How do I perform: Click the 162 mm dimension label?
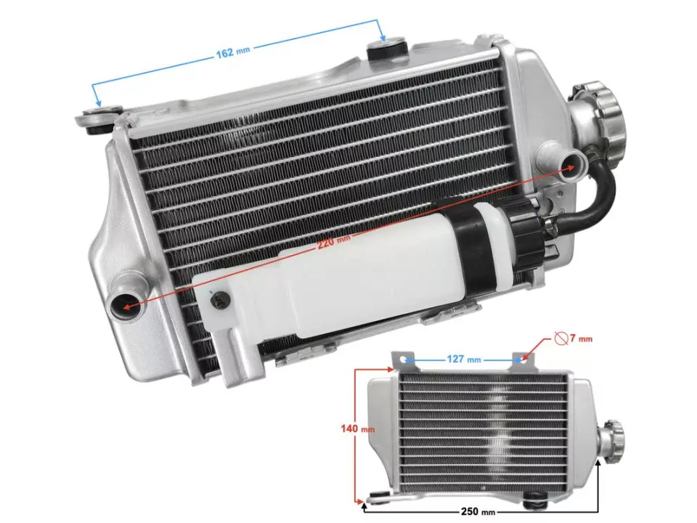click(x=232, y=52)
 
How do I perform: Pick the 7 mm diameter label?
click(x=582, y=338)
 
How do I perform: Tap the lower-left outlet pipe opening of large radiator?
click(x=123, y=306)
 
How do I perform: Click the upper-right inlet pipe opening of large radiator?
click(x=571, y=161)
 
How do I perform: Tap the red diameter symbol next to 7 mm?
click(x=560, y=338)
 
